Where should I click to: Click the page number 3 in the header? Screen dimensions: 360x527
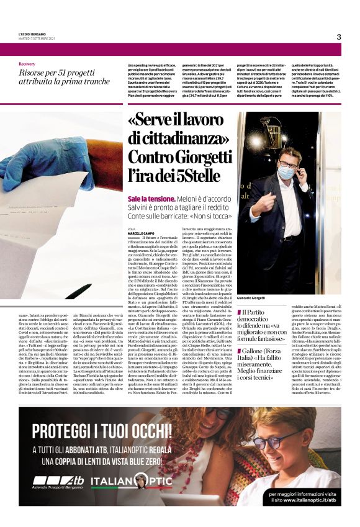coord(339,37)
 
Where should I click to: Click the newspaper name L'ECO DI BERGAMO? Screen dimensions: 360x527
coord(33,35)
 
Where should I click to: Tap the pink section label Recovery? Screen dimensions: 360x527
coord(27,64)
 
